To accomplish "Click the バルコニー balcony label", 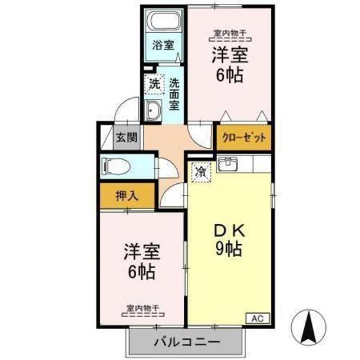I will (187, 341).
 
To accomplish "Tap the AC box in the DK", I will (256, 318).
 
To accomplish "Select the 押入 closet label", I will (127, 195).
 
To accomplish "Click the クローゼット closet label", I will (244, 136).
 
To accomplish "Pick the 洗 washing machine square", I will (154, 84).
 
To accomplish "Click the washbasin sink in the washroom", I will (154, 112).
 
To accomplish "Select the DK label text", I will (227, 228).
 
